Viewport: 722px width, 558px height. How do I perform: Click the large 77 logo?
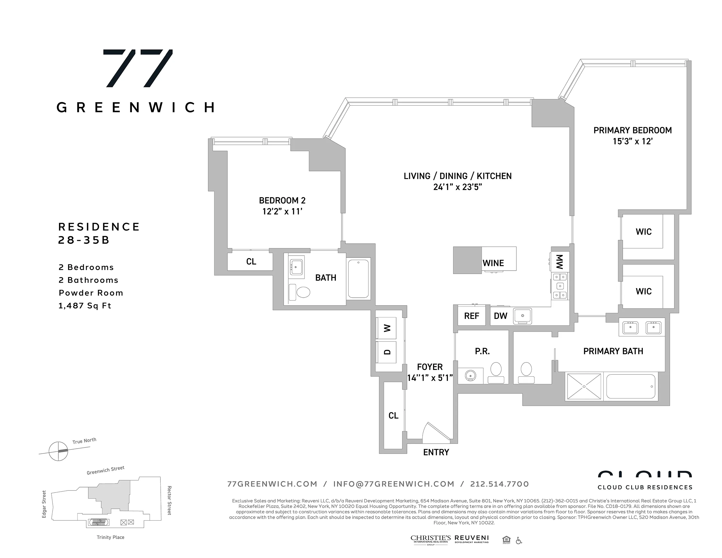138,68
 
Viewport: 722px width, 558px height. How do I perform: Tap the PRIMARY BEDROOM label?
632,130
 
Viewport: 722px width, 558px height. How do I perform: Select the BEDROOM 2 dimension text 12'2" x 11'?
282,211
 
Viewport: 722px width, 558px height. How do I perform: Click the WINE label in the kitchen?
493,263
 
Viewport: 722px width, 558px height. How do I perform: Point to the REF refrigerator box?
471,316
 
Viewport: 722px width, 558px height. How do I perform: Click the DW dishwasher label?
500,316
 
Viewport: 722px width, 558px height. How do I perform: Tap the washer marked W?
387,328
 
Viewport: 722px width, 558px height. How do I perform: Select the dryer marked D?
387,352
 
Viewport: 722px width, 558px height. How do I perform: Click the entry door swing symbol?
436,433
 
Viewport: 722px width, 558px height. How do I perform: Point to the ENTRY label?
436,452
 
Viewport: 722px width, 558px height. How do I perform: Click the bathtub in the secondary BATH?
358,278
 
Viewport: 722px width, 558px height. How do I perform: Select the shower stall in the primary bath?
584,386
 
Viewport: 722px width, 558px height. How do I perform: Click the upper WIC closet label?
643,232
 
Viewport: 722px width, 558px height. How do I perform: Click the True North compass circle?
59,451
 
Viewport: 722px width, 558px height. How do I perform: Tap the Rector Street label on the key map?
169,500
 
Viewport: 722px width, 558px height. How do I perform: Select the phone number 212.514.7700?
500,484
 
